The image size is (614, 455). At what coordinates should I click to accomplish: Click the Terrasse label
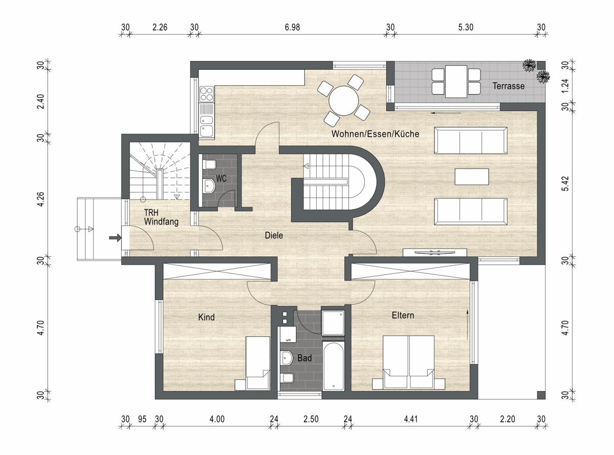click(508, 86)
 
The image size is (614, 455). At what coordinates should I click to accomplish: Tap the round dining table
click(343, 101)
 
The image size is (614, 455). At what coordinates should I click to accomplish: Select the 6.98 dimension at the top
click(292, 27)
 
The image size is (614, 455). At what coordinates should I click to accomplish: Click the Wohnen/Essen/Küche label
click(375, 134)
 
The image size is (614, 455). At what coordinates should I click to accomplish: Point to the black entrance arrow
click(115, 237)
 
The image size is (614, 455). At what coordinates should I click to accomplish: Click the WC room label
click(221, 178)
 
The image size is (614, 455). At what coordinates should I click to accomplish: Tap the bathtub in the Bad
click(334, 366)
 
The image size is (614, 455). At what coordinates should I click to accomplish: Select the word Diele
click(274, 235)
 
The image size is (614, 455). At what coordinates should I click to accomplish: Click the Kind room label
click(206, 317)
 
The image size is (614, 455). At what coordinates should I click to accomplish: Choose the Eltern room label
click(403, 315)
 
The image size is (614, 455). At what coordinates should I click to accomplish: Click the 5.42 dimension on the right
click(565, 183)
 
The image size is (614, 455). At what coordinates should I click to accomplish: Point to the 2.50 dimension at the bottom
click(311, 419)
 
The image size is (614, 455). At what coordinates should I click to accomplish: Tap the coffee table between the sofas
click(472, 177)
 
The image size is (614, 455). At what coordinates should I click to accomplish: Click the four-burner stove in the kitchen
click(207, 94)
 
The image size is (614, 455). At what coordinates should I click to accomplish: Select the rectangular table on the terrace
click(456, 81)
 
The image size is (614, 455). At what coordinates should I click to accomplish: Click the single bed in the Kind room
click(258, 363)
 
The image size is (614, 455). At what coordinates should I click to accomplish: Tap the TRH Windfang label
click(161, 217)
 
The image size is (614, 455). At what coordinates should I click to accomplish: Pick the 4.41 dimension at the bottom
click(410, 419)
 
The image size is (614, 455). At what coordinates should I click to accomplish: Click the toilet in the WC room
click(209, 164)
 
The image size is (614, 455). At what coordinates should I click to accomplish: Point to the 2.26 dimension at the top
click(160, 27)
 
